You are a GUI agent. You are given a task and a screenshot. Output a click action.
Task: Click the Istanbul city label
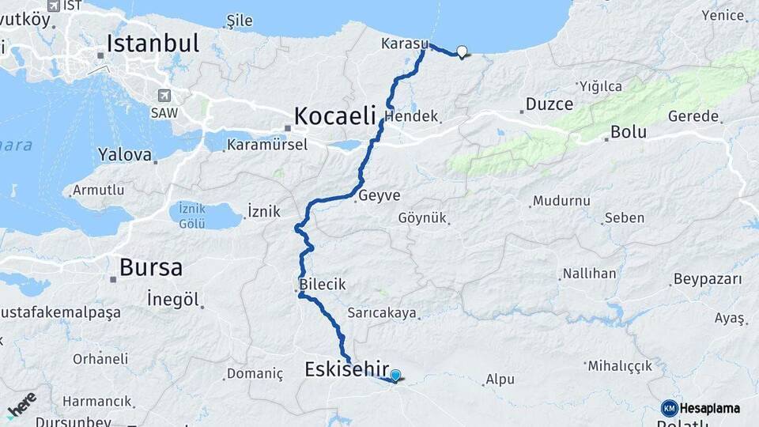tap(153, 43)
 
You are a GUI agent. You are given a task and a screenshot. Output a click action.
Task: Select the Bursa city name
tap(151, 267)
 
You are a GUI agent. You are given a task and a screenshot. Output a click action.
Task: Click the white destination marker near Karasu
tap(462, 52)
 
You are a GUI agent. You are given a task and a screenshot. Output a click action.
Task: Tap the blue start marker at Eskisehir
tap(395, 376)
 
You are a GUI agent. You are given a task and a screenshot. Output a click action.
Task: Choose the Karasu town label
tap(404, 43)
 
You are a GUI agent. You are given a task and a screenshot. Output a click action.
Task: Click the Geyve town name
tap(379, 196)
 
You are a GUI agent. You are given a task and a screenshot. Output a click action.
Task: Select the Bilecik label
tap(323, 285)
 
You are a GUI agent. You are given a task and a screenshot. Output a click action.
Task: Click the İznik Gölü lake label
tap(192, 215)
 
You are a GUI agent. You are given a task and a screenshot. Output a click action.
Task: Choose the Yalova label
tap(125, 155)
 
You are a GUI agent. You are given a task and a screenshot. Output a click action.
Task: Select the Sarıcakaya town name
tap(382, 313)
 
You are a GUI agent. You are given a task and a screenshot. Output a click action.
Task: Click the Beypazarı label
tap(708, 280)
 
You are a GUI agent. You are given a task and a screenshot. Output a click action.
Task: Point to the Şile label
tap(240, 20)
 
